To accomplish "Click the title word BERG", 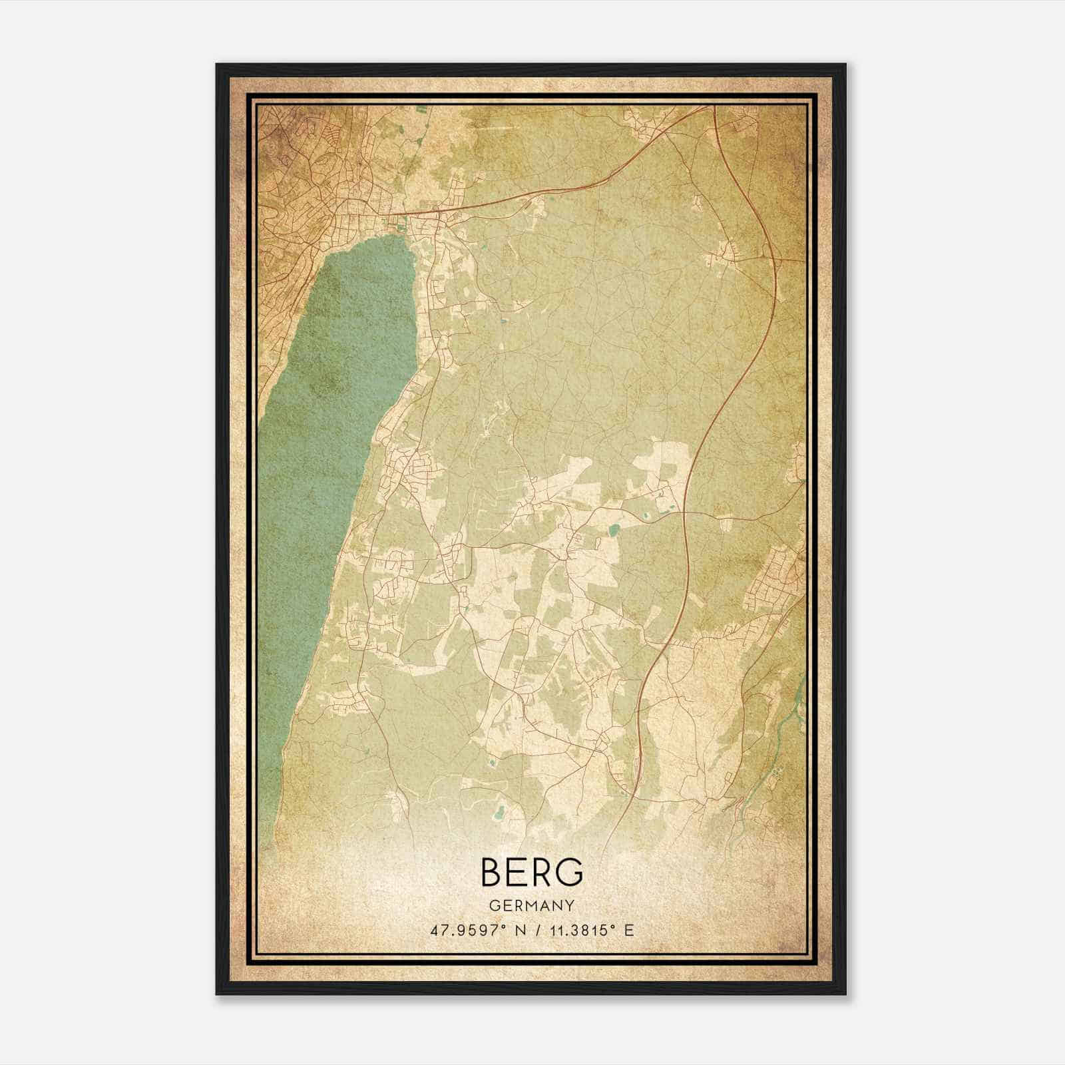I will click(531, 873).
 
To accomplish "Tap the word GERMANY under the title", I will click(531, 905).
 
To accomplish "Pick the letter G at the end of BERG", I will click(570, 873).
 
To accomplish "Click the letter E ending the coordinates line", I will click(629, 930).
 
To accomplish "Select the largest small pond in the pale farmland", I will click(613, 531).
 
